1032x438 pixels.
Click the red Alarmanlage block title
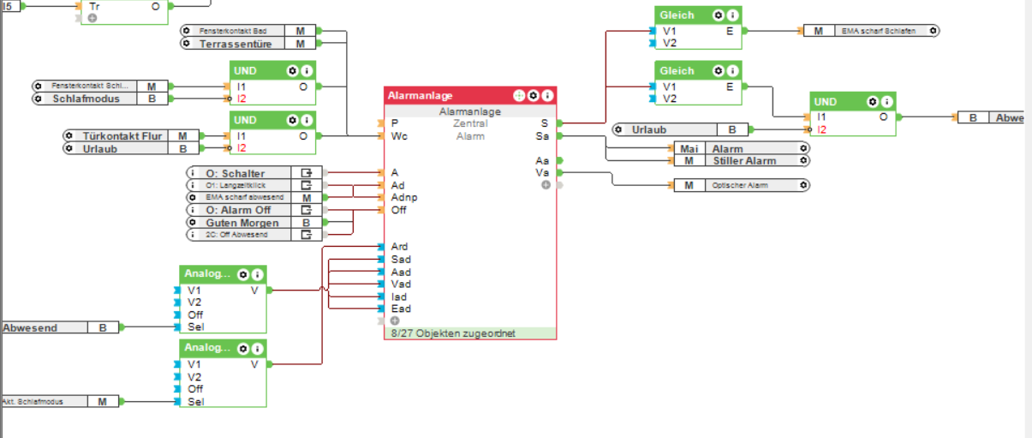(421, 95)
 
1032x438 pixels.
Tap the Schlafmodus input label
(86, 99)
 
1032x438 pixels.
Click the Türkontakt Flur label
(122, 135)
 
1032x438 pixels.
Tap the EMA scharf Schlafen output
(878, 31)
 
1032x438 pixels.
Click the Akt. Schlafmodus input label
(43, 401)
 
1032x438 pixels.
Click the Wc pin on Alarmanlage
(399, 136)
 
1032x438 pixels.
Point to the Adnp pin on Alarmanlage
(403, 197)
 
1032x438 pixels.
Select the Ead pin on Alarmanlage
(400, 309)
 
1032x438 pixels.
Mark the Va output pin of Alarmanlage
(542, 172)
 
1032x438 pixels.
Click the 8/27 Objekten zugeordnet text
(453, 333)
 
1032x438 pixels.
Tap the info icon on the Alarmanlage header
(547, 95)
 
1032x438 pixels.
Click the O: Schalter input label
(235, 173)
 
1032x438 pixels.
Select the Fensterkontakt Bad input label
(233, 31)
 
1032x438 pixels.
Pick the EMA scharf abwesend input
(243, 198)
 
